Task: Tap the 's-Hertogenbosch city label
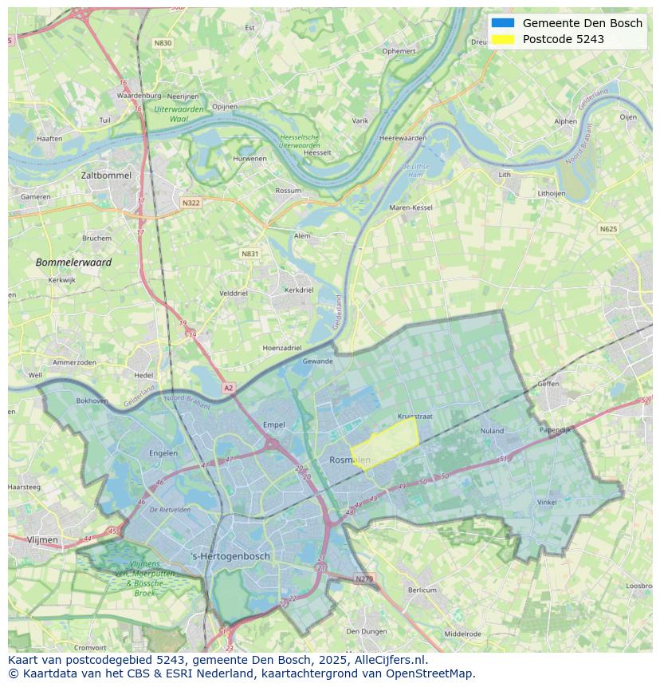point(231,556)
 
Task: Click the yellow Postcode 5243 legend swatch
point(503,39)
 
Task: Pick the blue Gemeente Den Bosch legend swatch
point(503,23)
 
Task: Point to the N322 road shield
point(191,203)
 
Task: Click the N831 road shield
point(250,254)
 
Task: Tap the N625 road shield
point(608,229)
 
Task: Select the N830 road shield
point(163,43)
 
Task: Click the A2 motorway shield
point(229,388)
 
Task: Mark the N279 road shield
point(363,578)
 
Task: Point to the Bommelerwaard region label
point(73,263)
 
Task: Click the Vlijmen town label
point(42,540)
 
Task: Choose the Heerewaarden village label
point(403,138)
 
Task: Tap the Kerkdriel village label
point(299,290)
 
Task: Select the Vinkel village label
point(547,503)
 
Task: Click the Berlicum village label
point(422,590)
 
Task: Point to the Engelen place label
point(163,453)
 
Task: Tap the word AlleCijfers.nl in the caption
point(390,660)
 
